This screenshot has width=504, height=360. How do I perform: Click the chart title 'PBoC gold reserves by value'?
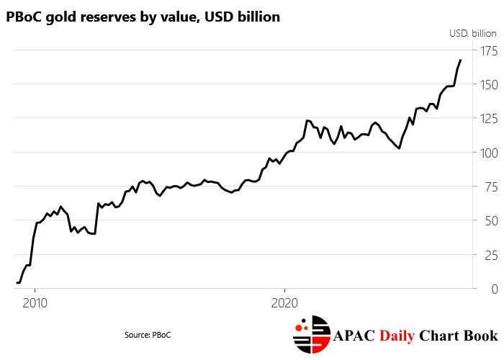point(143,17)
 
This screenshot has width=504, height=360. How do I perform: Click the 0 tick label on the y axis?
point(494,289)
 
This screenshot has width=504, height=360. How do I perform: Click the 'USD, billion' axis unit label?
point(473,33)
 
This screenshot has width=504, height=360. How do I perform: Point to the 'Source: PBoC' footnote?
point(148,335)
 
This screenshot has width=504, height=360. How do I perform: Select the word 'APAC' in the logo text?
point(356,336)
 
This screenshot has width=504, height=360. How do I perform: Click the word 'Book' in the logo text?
point(480,336)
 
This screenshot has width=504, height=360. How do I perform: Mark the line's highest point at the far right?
point(461,60)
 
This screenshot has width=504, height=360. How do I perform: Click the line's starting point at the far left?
point(17,282)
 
